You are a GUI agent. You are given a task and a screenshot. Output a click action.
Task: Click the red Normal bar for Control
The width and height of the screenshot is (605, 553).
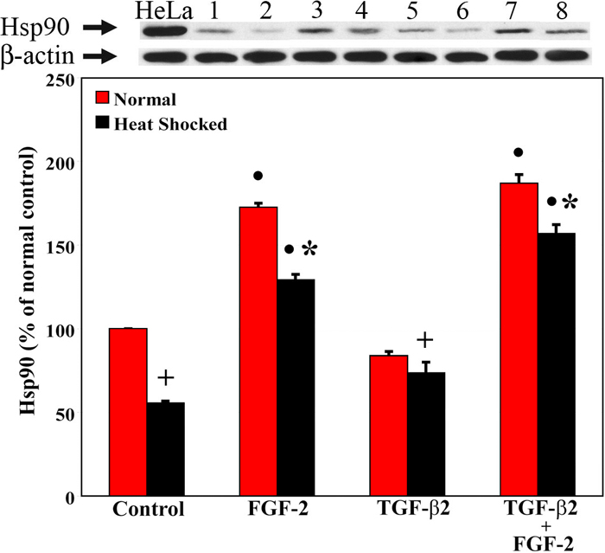point(128,412)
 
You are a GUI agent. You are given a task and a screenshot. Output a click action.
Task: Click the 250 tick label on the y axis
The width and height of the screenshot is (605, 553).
point(57,80)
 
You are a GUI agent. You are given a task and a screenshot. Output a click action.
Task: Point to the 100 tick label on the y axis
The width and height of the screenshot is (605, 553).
point(57,331)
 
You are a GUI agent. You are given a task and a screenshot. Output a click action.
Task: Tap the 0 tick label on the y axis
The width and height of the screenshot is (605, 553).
point(67,498)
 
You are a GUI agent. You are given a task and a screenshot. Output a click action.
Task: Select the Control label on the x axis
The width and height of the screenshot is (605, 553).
point(147,510)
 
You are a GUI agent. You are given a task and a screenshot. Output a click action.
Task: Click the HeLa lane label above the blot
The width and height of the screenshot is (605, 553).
point(162,11)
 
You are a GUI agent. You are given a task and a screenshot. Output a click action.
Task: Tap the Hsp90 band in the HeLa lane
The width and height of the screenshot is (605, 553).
point(162,33)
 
